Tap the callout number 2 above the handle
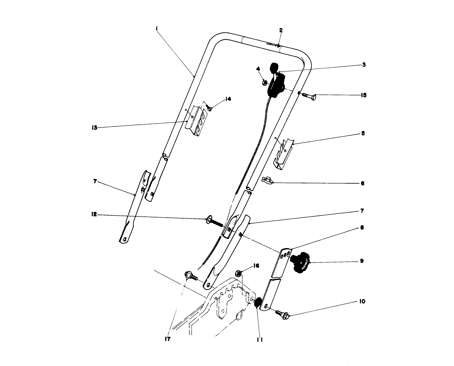coord(281,30)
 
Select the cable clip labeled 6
coord(267,180)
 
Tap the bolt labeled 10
coord(282,313)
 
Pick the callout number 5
coord(363,133)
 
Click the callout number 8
coord(362,227)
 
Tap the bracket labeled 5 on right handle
coord(283,153)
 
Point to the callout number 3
coord(363,65)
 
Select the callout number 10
coord(362,302)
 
